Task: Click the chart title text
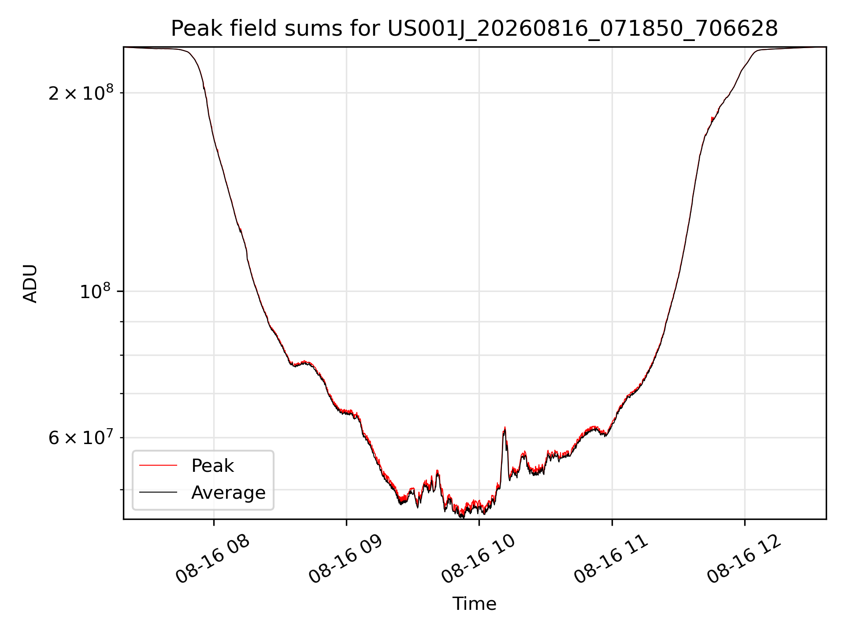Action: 474,29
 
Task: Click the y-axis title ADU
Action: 30,283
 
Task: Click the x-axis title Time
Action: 474,604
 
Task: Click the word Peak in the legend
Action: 212,466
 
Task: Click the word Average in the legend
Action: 228,493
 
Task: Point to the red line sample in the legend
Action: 158,465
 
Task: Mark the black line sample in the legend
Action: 158,492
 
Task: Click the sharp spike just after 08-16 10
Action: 505,428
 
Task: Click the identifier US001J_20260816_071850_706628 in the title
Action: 583,29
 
